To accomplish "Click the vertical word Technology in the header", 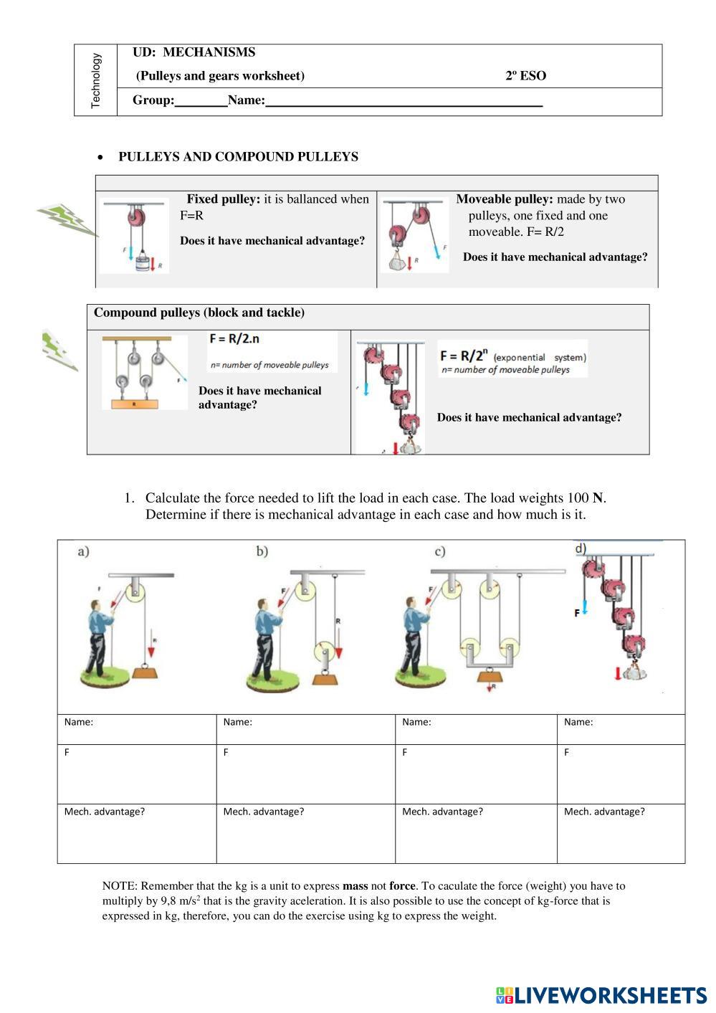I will coord(96,80).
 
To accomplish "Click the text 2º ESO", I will coord(525,76).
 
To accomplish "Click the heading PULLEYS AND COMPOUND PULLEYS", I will coord(238,157).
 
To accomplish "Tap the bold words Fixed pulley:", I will coord(224,199).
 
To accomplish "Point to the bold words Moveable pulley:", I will coord(505,199).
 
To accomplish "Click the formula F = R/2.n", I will coord(234,338).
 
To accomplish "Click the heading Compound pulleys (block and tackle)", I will coord(199,313).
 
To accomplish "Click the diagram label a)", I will coord(83,551).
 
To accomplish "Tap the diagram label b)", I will coord(262,551).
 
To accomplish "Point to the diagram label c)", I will coord(439,551).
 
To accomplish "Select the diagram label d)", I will coord(581,548).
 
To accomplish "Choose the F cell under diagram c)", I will coord(475,774).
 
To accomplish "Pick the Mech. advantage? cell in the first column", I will coord(136,832).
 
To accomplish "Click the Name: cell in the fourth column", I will coord(620,728).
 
